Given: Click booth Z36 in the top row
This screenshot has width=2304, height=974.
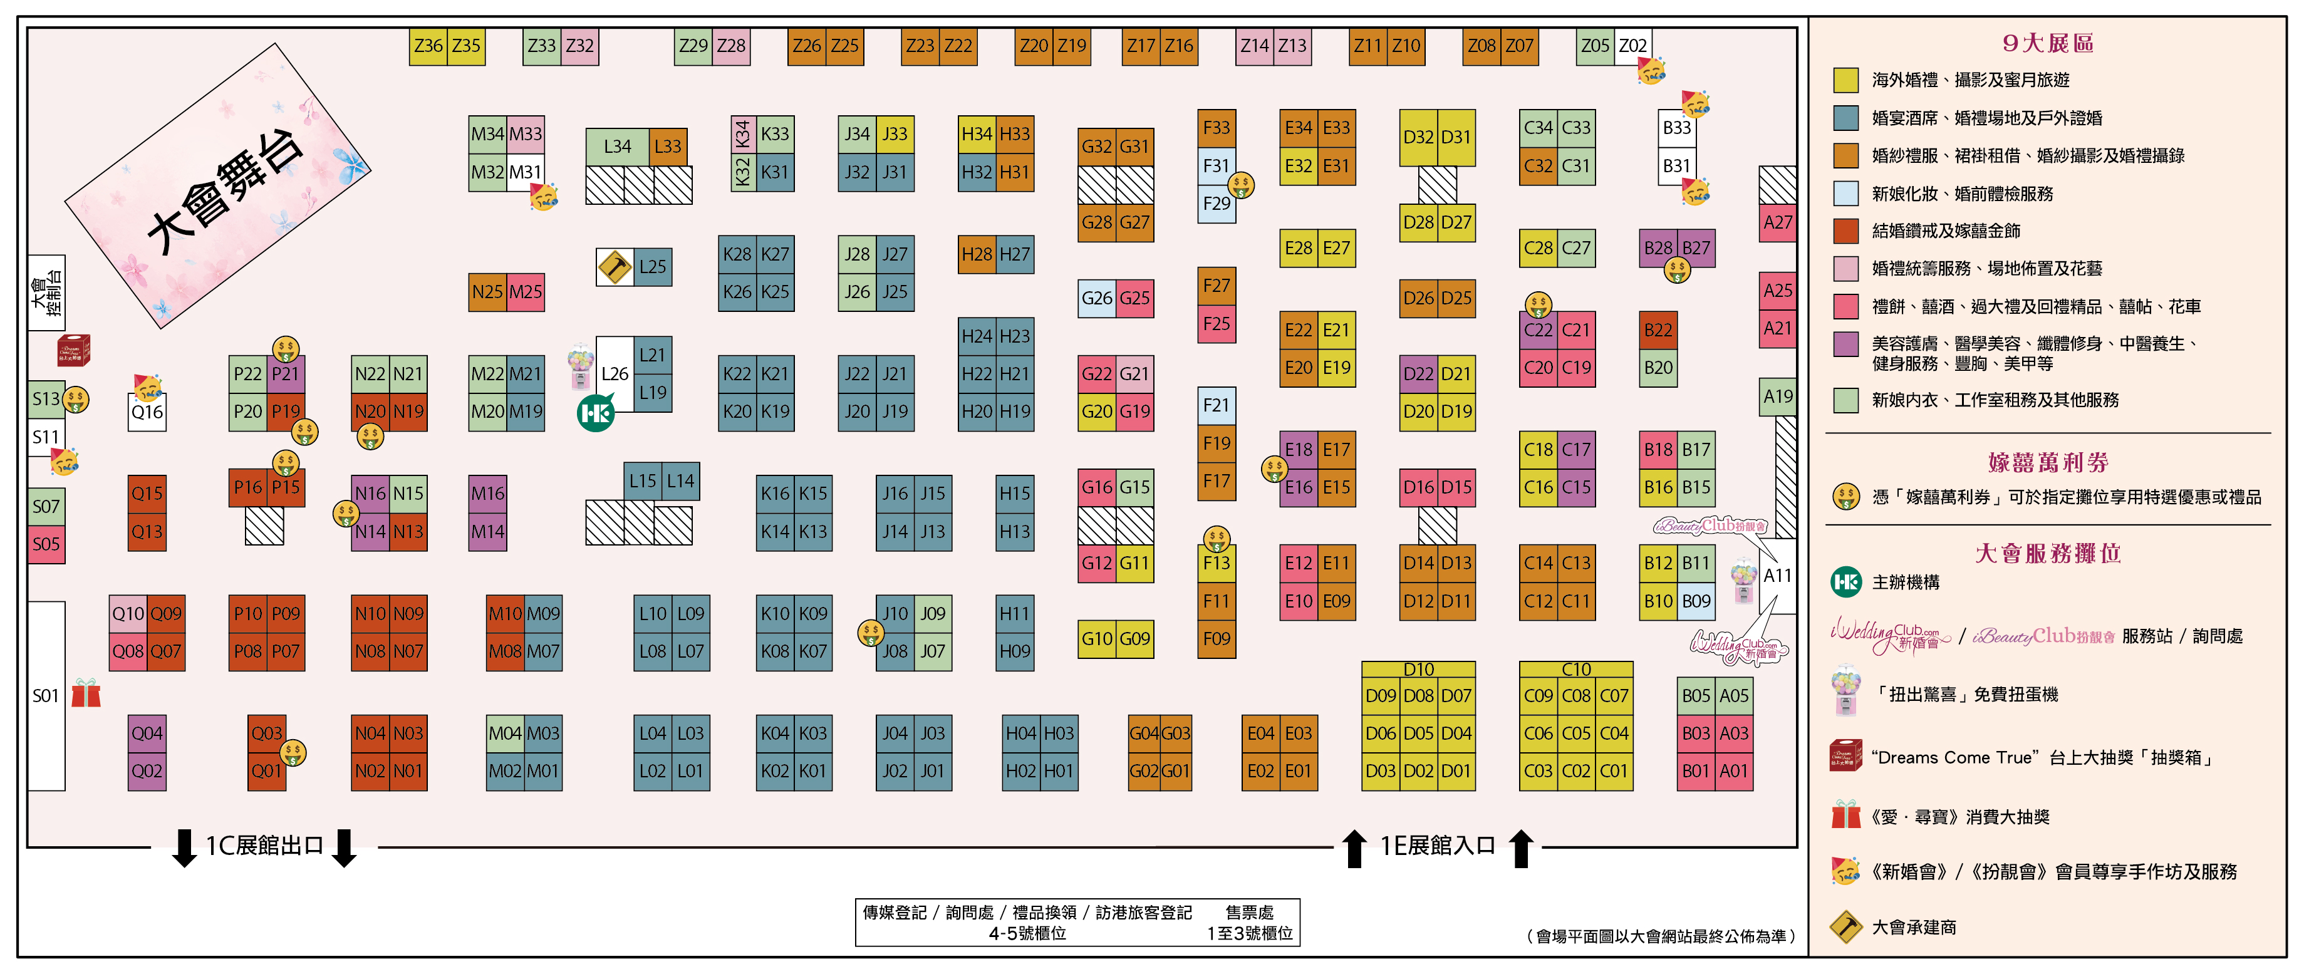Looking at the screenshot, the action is pos(428,46).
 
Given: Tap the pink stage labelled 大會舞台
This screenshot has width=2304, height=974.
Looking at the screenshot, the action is pos(217,186).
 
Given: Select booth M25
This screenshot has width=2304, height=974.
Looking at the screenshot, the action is pos(526,292).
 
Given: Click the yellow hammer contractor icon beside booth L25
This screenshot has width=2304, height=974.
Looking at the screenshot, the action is pos(615,267).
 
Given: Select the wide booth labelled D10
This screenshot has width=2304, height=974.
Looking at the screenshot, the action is pos(1418,669).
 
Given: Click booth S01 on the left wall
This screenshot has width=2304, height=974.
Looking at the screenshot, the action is pos(46,696).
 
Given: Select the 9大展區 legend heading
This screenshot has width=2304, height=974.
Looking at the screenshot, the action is pos(2048,43).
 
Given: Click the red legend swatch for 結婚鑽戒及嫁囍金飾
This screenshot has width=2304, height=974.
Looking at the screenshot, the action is pos(1846,231).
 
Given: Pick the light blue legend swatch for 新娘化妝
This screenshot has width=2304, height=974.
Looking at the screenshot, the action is pos(1846,193).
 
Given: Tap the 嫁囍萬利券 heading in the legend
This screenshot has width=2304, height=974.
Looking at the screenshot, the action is pos(2048,462).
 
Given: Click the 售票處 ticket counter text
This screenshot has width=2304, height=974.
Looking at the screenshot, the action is pos(1250,912).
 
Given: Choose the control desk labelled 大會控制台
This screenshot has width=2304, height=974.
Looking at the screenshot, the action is pos(46,293).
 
